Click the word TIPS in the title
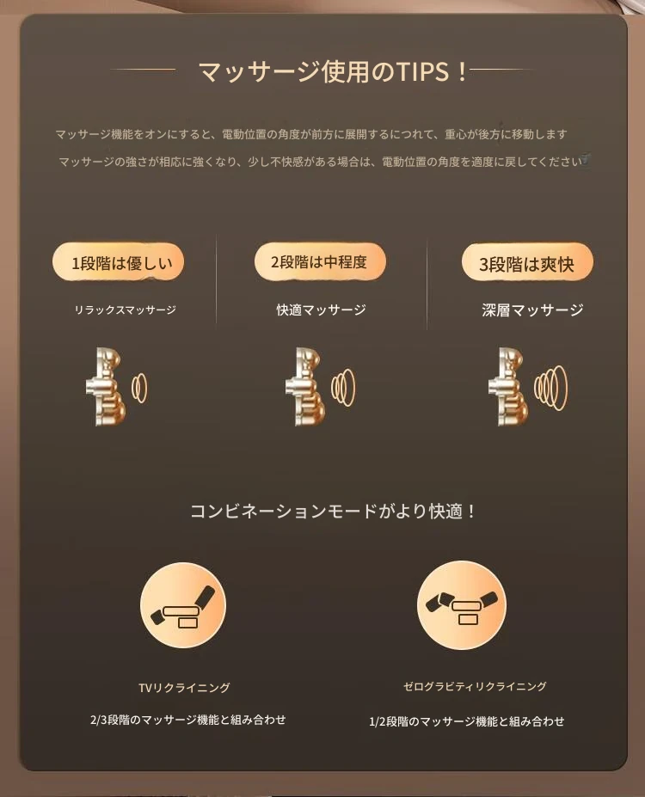423,71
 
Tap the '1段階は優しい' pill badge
118,261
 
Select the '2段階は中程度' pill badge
320,261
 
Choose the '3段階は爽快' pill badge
527,262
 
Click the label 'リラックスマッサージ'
125,310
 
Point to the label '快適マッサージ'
321,310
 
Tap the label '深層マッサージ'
532,310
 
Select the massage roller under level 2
305,387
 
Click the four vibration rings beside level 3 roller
551,388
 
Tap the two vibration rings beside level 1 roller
139,388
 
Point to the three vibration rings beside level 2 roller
344,387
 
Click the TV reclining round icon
183,605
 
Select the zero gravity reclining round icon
462,605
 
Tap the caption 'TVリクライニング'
184,688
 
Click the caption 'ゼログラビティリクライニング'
475,686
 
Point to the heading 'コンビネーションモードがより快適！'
333,511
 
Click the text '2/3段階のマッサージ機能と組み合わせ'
188,720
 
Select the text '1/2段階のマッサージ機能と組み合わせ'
467,721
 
